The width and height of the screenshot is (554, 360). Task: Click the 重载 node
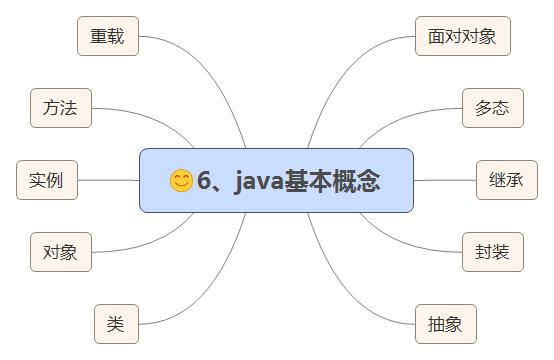108,36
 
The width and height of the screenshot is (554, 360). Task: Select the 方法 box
61,108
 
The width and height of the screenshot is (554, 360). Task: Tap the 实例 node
47,180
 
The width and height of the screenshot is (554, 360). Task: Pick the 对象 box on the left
61,252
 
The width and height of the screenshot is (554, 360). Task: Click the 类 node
116,324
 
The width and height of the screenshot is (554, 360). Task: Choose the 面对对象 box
463,36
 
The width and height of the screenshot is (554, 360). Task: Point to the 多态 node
493,108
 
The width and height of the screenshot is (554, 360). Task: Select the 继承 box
507,180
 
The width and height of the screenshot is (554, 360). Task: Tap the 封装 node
493,252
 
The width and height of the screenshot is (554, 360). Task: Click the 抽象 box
446,324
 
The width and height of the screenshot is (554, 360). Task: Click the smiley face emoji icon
181,181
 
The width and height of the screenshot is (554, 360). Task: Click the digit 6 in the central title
204,181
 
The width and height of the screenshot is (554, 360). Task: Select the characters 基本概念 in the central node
332,181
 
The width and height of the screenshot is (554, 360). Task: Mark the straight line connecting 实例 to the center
108,180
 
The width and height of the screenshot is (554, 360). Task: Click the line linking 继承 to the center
445,180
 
